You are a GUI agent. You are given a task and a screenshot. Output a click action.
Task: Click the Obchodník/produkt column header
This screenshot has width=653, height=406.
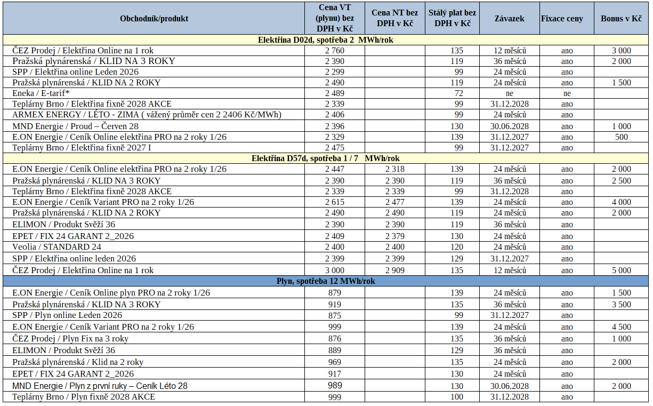[x=154, y=18]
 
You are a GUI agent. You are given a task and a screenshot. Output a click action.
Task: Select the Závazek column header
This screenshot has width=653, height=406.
[x=510, y=18]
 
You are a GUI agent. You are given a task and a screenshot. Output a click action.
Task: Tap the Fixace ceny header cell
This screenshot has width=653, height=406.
[x=562, y=18]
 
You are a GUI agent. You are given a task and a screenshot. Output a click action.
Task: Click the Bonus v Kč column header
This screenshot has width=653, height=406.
[x=621, y=18]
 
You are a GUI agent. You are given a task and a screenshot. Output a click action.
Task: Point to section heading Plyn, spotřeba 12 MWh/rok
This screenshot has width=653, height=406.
[x=326, y=281]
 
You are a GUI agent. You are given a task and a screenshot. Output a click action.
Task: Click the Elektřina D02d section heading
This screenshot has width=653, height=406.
[x=326, y=39]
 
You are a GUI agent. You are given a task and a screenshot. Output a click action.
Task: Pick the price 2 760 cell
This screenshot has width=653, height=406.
[x=335, y=51]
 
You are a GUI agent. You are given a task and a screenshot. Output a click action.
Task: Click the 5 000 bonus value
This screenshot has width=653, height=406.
[x=621, y=270]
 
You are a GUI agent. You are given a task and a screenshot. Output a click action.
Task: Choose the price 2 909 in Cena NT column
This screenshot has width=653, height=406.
[x=395, y=270]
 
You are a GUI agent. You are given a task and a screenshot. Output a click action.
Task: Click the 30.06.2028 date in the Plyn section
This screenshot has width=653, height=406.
[x=510, y=386]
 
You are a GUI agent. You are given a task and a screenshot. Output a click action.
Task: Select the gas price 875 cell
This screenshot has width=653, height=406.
[x=335, y=315]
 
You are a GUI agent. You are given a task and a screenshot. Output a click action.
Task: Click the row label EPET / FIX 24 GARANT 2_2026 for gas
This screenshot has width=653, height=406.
[x=73, y=374]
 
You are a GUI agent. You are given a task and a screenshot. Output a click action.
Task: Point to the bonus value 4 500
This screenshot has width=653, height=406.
[x=621, y=327]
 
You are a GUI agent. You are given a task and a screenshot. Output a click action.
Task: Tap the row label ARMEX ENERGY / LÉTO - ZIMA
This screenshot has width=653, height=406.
[x=147, y=115]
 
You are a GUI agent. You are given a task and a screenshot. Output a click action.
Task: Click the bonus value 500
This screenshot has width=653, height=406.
[x=621, y=137]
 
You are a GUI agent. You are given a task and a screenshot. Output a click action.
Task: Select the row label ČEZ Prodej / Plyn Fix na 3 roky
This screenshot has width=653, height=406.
[x=70, y=339]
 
